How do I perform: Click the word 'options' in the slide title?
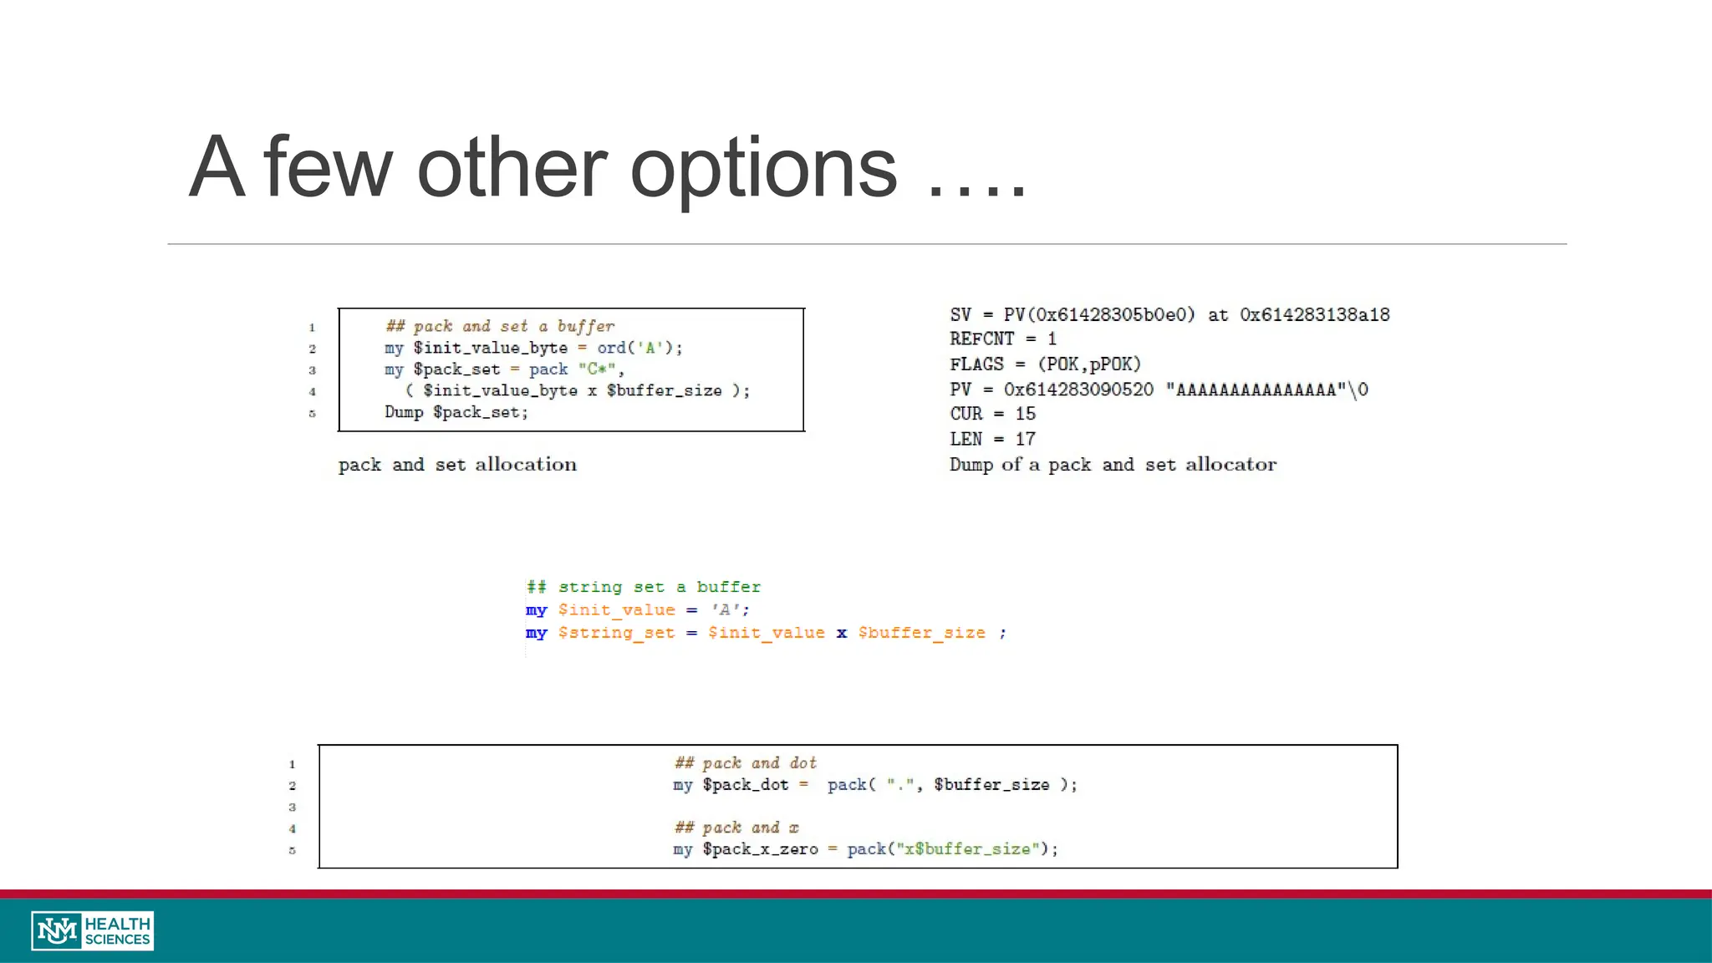[763, 170]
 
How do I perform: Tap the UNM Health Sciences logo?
[93, 930]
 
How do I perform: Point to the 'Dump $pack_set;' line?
[456, 412]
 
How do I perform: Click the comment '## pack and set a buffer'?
[500, 326]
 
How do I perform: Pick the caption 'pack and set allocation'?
[457, 465]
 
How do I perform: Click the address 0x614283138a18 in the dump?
[1314, 315]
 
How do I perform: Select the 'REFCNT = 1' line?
[1002, 339]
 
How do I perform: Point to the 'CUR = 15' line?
[992, 414]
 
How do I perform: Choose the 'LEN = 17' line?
[992, 439]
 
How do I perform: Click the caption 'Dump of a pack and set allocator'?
[1113, 465]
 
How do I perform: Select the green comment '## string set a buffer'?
[644, 587]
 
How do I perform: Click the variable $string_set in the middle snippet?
[616, 633]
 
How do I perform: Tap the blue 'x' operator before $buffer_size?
[841, 633]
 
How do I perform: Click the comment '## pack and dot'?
[746, 762]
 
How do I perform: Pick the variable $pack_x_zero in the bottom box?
[760, 849]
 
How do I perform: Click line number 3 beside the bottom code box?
[293, 808]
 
